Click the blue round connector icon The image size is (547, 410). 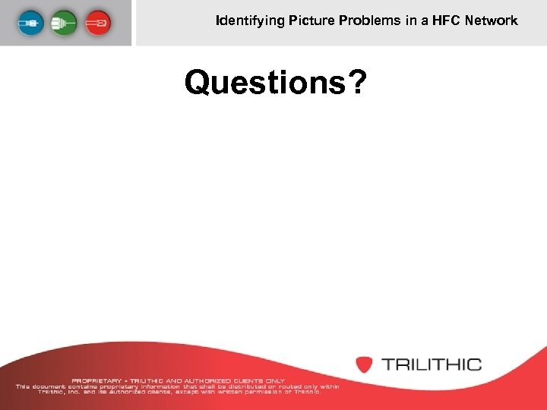click(33, 22)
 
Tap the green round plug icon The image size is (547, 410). click(65, 22)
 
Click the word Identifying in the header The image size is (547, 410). click(249, 20)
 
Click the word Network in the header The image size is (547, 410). click(492, 20)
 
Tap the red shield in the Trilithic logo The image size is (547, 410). click(365, 364)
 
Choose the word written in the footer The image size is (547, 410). click(219, 391)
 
